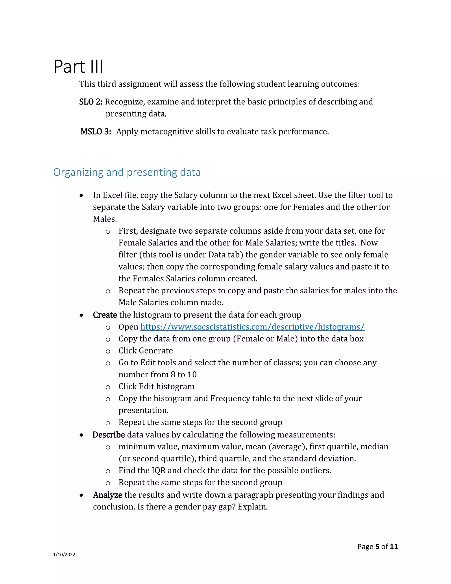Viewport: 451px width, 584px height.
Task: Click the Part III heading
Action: [78, 66]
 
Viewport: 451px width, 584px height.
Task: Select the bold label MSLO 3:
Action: [96, 132]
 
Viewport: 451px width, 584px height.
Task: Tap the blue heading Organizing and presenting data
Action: [127, 172]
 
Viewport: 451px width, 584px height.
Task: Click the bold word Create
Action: [105, 315]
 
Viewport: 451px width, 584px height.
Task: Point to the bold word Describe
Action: [109, 435]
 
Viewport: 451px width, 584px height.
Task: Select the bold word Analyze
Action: [107, 495]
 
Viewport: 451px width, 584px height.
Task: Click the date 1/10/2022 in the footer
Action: [64, 555]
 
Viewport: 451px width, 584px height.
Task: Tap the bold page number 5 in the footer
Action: [377, 547]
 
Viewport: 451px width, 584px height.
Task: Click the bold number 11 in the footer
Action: [394, 547]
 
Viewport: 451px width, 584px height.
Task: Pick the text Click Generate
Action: [146, 351]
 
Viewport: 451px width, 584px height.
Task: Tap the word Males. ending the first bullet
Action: [105, 219]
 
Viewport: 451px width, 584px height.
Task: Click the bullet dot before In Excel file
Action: [81, 196]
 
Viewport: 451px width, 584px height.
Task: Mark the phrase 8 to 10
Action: [184, 375]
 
